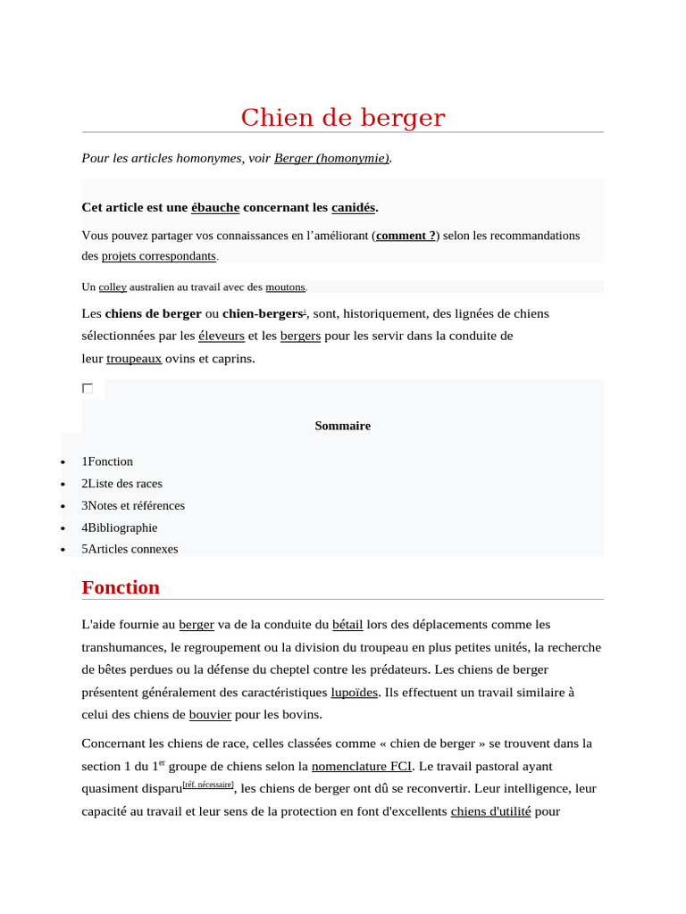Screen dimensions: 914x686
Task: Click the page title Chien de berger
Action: click(x=343, y=118)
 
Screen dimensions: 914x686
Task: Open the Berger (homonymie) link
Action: click(x=331, y=158)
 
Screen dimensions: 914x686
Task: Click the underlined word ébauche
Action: click(x=215, y=207)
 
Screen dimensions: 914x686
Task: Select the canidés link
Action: click(x=353, y=207)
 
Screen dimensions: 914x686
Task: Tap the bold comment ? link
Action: click(x=406, y=236)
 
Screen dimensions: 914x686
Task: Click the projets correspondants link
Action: click(x=159, y=255)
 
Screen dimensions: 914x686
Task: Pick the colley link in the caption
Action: click(x=113, y=287)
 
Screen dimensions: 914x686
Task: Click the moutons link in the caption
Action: click(x=285, y=287)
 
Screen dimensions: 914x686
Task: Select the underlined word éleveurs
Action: click(x=222, y=337)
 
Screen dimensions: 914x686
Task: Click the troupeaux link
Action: click(x=134, y=359)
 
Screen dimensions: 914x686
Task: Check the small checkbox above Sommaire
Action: click(x=88, y=388)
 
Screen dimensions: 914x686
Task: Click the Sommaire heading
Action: click(x=342, y=426)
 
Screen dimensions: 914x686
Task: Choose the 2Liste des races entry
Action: click(x=122, y=484)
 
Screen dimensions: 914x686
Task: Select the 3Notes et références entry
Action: click(x=133, y=505)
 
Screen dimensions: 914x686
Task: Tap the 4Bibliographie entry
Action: click(x=120, y=528)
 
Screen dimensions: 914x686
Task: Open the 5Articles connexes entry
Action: click(x=130, y=549)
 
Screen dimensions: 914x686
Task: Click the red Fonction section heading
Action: click(x=121, y=587)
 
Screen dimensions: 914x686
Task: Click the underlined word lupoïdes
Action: click(x=354, y=692)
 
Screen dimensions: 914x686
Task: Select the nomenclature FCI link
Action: click(x=362, y=766)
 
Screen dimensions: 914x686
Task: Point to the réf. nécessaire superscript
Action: click(x=208, y=785)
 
